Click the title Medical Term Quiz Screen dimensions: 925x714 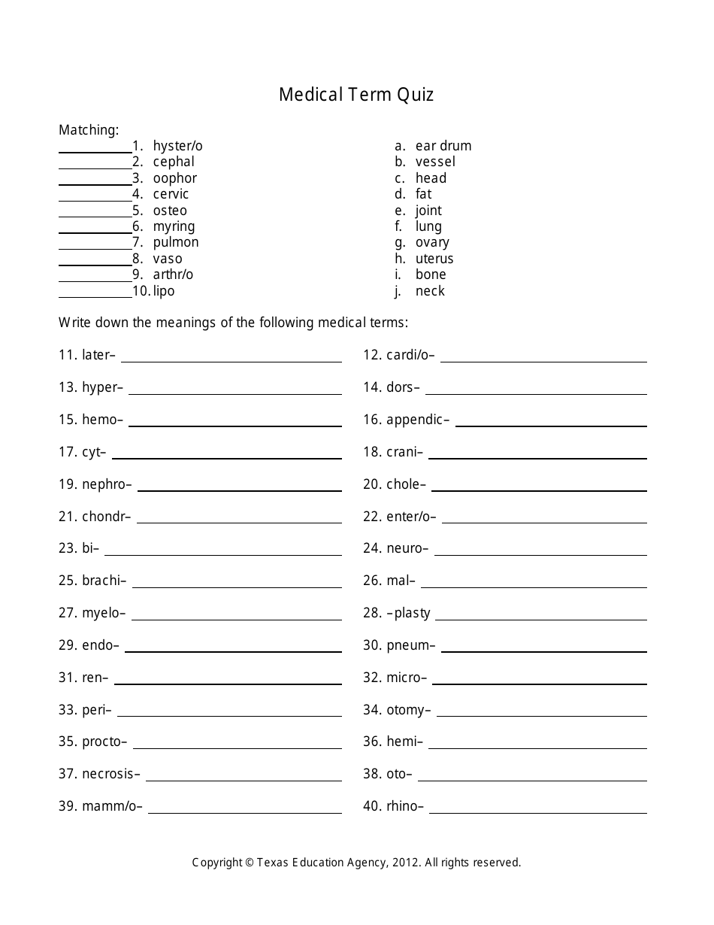356,95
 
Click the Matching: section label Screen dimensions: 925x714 89,130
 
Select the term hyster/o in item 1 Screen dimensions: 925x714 177,146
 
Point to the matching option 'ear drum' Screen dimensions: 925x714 443,146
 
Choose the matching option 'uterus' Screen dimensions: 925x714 434,259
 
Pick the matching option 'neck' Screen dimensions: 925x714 430,291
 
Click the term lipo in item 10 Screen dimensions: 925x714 164,291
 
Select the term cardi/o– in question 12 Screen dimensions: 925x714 410,355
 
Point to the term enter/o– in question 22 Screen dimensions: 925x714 411,517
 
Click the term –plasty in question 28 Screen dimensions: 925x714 409,613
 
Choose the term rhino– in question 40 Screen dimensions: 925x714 405,806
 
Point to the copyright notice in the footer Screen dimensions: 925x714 356,863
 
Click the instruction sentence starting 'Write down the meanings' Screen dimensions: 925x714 234,323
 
